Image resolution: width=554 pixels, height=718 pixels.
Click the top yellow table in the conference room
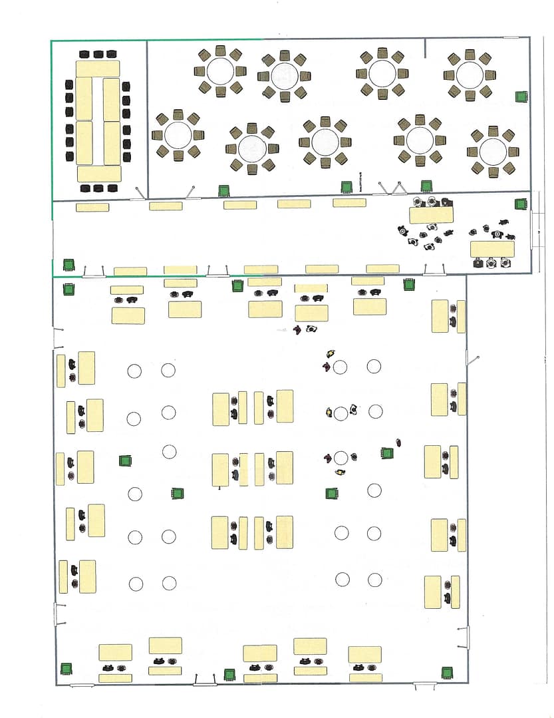click(98, 69)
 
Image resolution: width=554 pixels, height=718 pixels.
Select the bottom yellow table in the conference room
click(99, 174)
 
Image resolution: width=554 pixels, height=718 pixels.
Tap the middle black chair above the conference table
click(98, 54)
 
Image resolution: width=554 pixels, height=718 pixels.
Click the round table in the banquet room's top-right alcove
click(470, 75)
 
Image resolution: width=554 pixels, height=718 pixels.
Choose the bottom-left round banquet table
click(178, 136)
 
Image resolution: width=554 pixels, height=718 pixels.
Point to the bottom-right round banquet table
click(493, 152)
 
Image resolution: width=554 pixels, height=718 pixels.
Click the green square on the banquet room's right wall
click(521, 96)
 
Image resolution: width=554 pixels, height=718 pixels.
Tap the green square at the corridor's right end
click(520, 204)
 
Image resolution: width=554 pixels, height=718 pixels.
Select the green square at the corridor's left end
click(68, 264)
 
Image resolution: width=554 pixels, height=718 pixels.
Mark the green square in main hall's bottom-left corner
click(66, 669)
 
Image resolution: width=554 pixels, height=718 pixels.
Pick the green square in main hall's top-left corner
click(68, 289)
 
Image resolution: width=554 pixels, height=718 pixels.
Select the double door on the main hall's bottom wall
click(205, 681)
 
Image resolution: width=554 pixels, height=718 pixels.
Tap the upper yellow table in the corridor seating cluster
click(431, 215)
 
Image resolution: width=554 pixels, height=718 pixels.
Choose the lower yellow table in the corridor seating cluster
click(491, 249)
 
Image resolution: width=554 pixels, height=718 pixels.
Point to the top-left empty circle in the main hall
click(134, 371)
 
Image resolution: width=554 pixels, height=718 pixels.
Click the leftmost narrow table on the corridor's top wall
click(92, 208)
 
